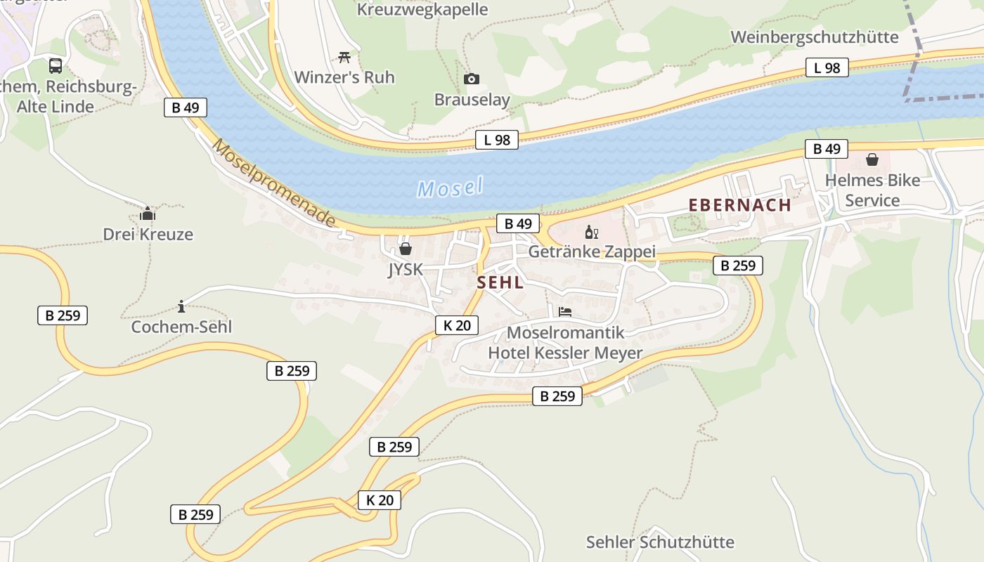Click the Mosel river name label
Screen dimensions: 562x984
pyautogui.click(x=450, y=187)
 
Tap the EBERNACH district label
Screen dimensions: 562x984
pyautogui.click(x=739, y=205)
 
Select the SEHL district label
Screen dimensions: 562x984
pyautogui.click(x=500, y=282)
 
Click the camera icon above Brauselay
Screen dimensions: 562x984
pyautogui.click(x=472, y=79)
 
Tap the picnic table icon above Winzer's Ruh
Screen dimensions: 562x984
pyautogui.click(x=344, y=57)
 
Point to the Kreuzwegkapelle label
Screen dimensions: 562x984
pyautogui.click(x=422, y=10)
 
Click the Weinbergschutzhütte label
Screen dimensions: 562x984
pyautogui.click(x=815, y=37)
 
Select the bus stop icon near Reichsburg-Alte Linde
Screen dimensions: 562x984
pyautogui.click(x=56, y=66)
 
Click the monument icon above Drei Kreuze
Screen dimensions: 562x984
pyautogui.click(x=148, y=214)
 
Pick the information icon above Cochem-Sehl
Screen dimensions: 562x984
pyautogui.click(x=181, y=306)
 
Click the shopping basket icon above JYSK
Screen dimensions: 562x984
pyautogui.click(x=406, y=249)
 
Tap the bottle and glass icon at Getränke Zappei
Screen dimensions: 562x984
pyautogui.click(x=591, y=232)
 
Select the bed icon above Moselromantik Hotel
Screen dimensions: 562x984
pyautogui.click(x=565, y=312)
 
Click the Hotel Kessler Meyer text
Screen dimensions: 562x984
pyautogui.click(x=565, y=353)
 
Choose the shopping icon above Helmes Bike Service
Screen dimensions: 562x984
pyautogui.click(x=872, y=159)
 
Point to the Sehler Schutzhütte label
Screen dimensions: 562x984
pyautogui.click(x=660, y=542)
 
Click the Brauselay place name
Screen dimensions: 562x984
pyautogui.click(x=472, y=100)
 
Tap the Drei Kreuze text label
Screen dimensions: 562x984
pyautogui.click(x=148, y=234)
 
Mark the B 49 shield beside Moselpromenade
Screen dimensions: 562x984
pyautogui.click(x=186, y=107)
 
